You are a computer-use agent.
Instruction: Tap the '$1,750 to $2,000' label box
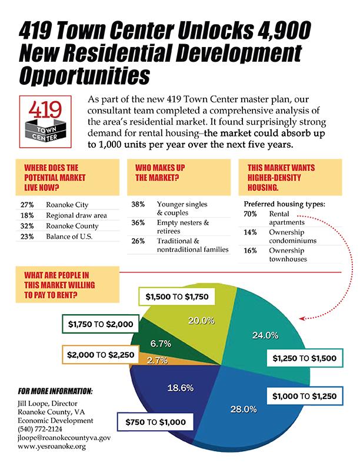pos(99,324)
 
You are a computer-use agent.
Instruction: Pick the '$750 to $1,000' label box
pos(155,422)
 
